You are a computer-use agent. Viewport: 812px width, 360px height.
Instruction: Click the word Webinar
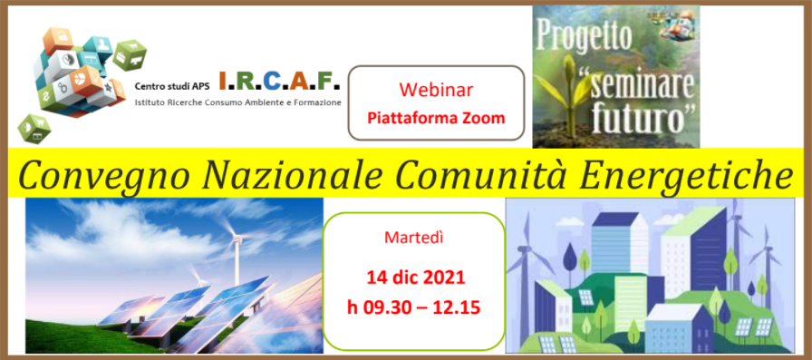[x=436, y=92]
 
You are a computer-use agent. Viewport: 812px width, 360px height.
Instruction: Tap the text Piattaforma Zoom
[x=436, y=118]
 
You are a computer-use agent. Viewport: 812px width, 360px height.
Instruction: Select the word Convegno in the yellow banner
[x=94, y=174]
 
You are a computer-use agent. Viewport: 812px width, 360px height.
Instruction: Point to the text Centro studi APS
[x=171, y=87]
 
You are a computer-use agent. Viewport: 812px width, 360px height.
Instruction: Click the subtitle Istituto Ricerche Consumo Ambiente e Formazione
[x=238, y=103]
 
